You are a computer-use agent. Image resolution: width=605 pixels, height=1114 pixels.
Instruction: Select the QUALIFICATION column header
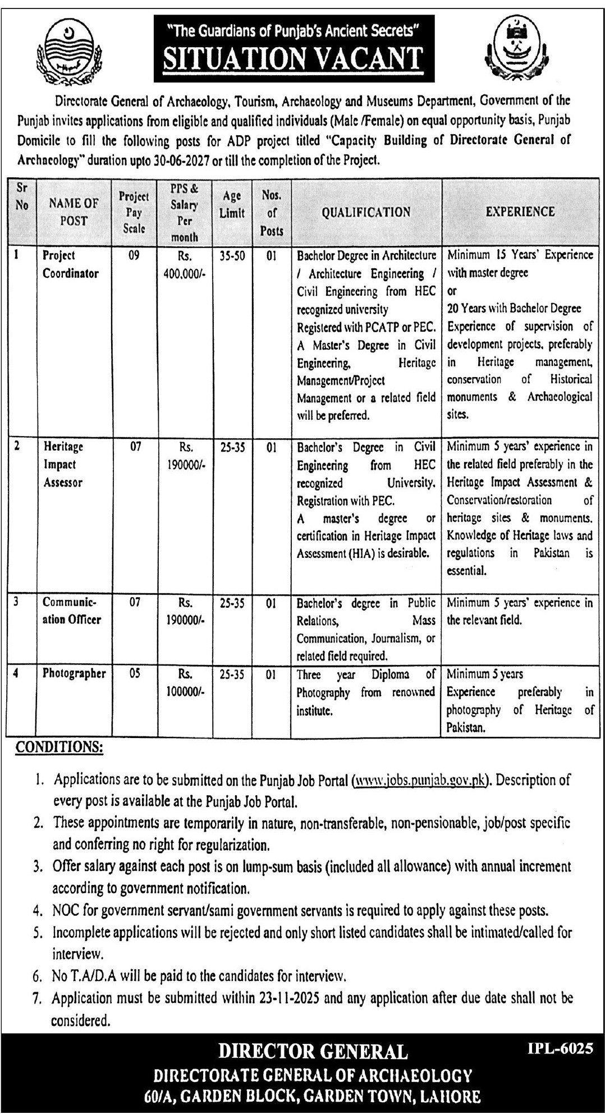366,212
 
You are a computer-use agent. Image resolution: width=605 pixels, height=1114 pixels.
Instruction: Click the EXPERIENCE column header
520,212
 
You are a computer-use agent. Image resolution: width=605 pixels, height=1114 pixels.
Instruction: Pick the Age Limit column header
232,204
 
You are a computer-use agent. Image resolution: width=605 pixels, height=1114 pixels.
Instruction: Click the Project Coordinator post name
70,264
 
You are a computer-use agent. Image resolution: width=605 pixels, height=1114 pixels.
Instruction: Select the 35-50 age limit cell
232,256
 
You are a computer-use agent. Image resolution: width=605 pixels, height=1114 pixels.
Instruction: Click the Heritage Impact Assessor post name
63,465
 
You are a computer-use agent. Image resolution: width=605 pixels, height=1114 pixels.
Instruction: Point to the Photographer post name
74,673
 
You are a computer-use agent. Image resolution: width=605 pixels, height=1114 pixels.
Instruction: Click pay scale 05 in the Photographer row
134,674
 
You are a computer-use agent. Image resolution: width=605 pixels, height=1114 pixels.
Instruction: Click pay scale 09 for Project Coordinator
134,256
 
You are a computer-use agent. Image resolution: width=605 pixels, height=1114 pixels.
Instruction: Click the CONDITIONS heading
59,747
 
